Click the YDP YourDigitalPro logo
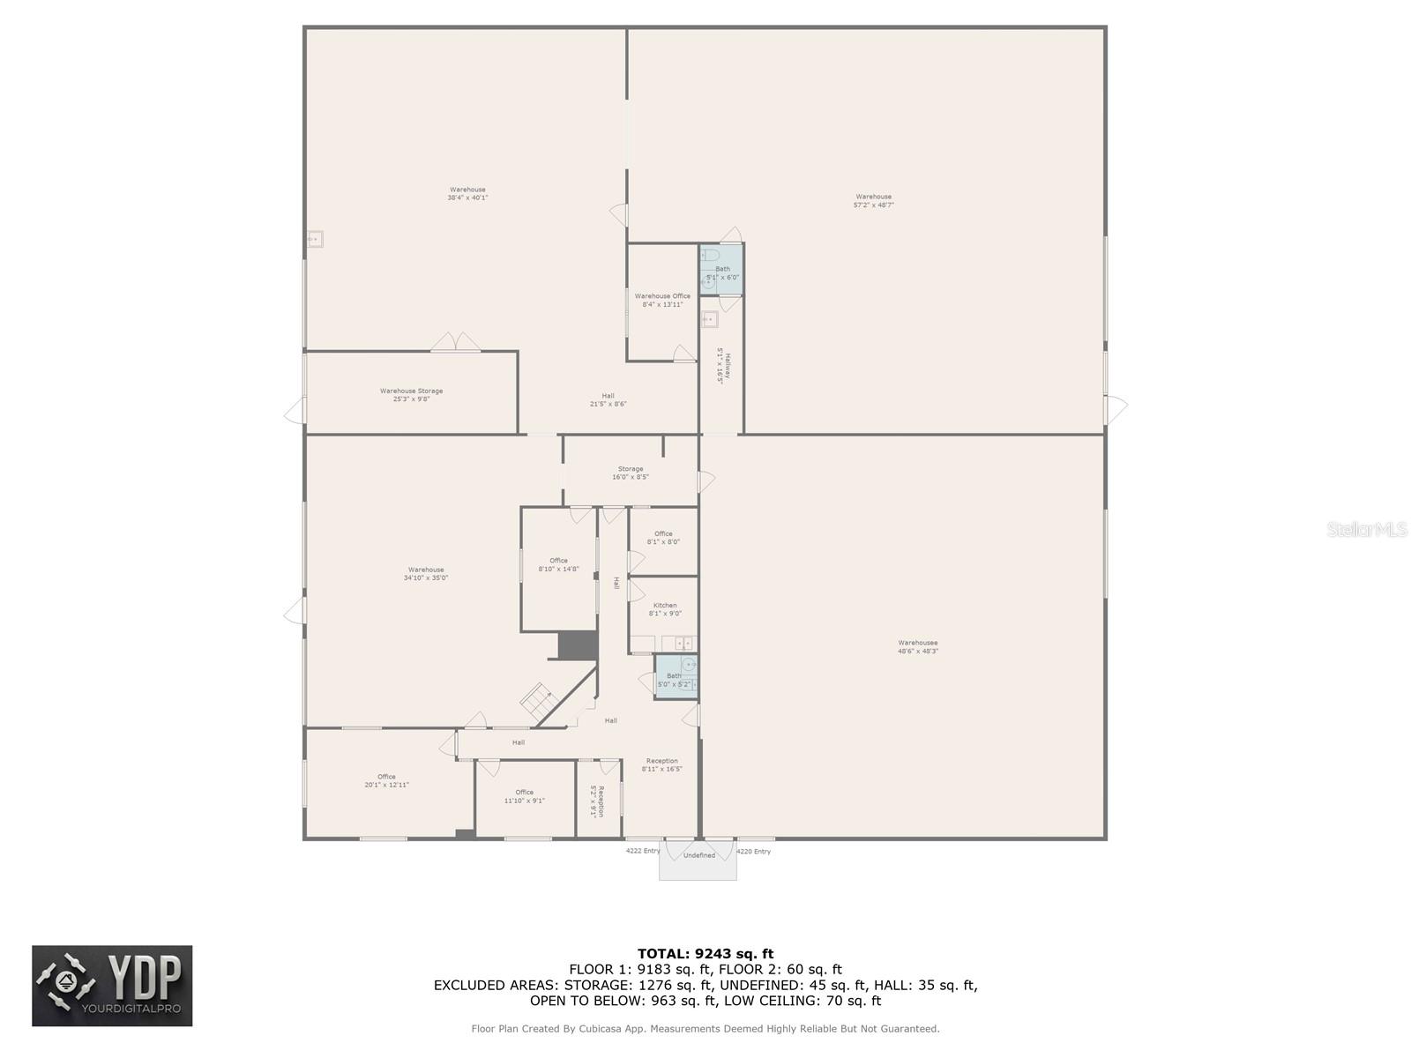pyautogui.click(x=112, y=986)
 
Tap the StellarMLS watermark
pyautogui.click(x=1367, y=530)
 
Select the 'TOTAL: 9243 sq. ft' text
pyautogui.click(x=705, y=953)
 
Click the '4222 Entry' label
pyautogui.click(x=642, y=851)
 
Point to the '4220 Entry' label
pyautogui.click(x=753, y=851)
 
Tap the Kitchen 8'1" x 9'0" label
pyautogui.click(x=665, y=609)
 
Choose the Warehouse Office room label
pyautogui.click(x=662, y=300)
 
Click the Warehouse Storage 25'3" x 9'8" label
pyautogui.click(x=411, y=395)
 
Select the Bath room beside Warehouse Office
pyautogui.click(x=722, y=271)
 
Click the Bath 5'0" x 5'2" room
pyautogui.click(x=675, y=679)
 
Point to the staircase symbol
pyautogui.click(x=536, y=700)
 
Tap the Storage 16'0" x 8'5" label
pyautogui.click(x=630, y=473)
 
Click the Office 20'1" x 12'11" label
pyautogui.click(x=386, y=780)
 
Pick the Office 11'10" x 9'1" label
pyautogui.click(x=524, y=796)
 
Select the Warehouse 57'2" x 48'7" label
pyautogui.click(x=873, y=201)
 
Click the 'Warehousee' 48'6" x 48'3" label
pyautogui.click(x=917, y=647)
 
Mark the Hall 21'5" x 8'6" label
pyautogui.click(x=608, y=399)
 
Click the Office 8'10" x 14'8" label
pyautogui.click(x=558, y=564)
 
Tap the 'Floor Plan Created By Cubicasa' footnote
pyautogui.click(x=705, y=1028)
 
